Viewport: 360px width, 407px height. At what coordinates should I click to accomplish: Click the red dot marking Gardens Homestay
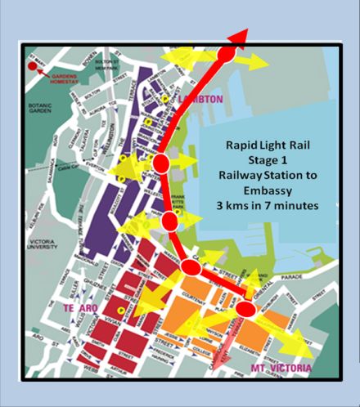(31, 65)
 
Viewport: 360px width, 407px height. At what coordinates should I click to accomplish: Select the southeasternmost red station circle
(245, 308)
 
